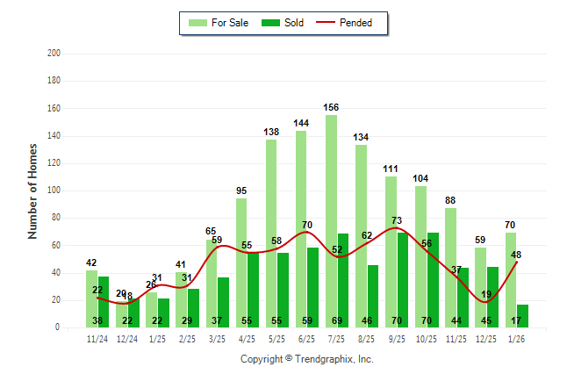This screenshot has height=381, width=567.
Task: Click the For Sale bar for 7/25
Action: pos(331,219)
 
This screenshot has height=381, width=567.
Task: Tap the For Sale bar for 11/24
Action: pos(91,298)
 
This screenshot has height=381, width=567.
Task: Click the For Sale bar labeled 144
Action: pos(301,228)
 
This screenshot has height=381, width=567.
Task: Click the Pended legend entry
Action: pos(355,23)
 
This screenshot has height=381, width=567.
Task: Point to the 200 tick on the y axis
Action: pos(54,54)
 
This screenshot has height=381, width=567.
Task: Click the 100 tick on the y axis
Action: pos(54,190)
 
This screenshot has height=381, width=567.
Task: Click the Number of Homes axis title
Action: pos(32,190)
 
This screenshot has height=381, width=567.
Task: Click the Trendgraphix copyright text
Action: pos(306,359)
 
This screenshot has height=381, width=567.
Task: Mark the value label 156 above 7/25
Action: pos(331,108)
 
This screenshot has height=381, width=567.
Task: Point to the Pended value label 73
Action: pos(396,220)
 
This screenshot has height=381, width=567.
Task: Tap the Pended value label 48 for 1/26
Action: pos(516,255)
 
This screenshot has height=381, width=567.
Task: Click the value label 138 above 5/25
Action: pos(271,133)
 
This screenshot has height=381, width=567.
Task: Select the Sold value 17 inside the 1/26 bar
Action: pos(516,320)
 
